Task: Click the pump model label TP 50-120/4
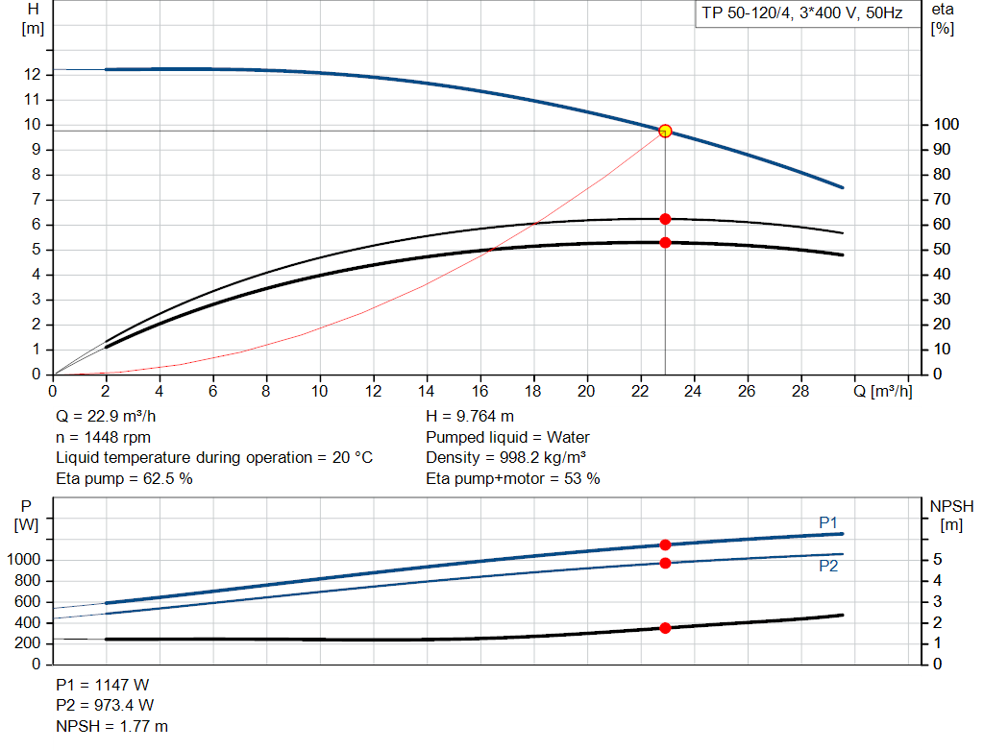pos(799,14)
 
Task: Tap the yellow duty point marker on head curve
pos(665,131)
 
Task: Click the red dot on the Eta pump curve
pos(665,219)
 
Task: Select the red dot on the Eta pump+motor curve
pos(665,243)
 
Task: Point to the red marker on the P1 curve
pos(665,544)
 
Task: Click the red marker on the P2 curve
pos(665,563)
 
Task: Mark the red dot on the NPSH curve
pos(665,628)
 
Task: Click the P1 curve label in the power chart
pos(828,522)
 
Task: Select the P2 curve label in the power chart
pos(828,567)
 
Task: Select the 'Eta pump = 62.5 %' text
pos(124,478)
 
